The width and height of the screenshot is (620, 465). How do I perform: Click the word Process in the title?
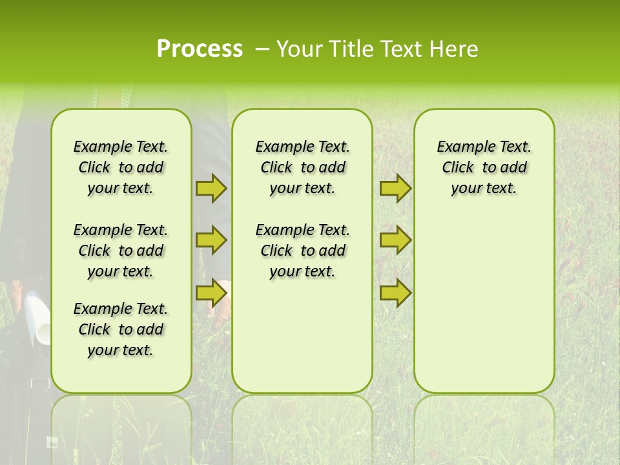tap(200, 49)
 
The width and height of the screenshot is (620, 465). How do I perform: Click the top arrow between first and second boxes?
tap(211, 188)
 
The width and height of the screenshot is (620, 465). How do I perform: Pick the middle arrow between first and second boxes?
tap(211, 240)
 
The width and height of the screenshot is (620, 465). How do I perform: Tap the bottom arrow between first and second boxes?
tap(211, 293)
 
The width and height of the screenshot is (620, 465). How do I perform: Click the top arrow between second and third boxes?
tap(395, 188)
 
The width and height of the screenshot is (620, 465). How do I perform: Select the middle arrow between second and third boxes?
tap(395, 240)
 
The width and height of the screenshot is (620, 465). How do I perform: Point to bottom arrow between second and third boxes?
tap(395, 293)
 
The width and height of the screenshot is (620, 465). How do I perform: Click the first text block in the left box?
tap(121, 167)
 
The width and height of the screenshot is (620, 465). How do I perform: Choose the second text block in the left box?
tap(121, 251)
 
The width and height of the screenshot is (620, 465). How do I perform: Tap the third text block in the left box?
tap(121, 329)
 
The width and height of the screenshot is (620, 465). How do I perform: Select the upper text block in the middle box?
tap(302, 167)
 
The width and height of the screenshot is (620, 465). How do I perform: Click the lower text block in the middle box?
tap(302, 251)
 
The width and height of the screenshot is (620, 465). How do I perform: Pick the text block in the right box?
tap(484, 167)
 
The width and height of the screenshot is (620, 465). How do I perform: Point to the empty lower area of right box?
tap(484, 304)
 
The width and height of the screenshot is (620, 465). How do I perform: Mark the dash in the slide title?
tap(262, 49)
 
